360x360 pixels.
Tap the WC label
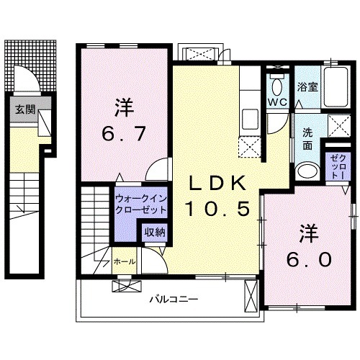click(278, 102)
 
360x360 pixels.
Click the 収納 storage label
click(153, 232)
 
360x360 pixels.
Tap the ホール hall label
click(122, 262)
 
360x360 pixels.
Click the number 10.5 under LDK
click(219, 210)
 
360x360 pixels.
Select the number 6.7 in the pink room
click(122, 133)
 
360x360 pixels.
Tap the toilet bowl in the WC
click(277, 82)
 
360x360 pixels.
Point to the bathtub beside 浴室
click(335, 85)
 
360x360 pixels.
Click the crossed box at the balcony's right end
click(251, 296)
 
